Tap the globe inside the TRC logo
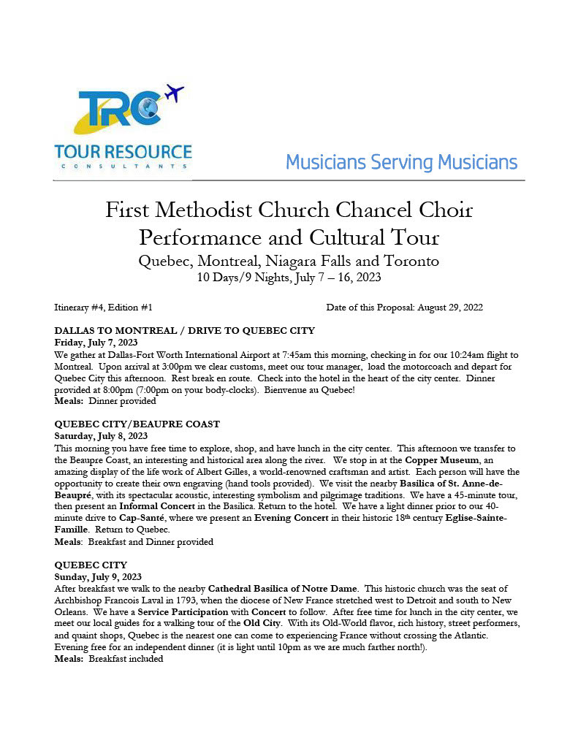(148, 108)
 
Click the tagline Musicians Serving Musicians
(401, 162)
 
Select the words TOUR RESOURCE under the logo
(123, 153)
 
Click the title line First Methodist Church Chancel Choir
(289, 211)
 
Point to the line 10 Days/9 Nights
(289, 278)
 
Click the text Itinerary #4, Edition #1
(103, 308)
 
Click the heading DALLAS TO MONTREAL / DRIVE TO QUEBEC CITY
(185, 331)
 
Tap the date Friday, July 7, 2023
(96, 343)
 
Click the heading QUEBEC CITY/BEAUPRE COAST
(137, 424)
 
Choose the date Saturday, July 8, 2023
(102, 435)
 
